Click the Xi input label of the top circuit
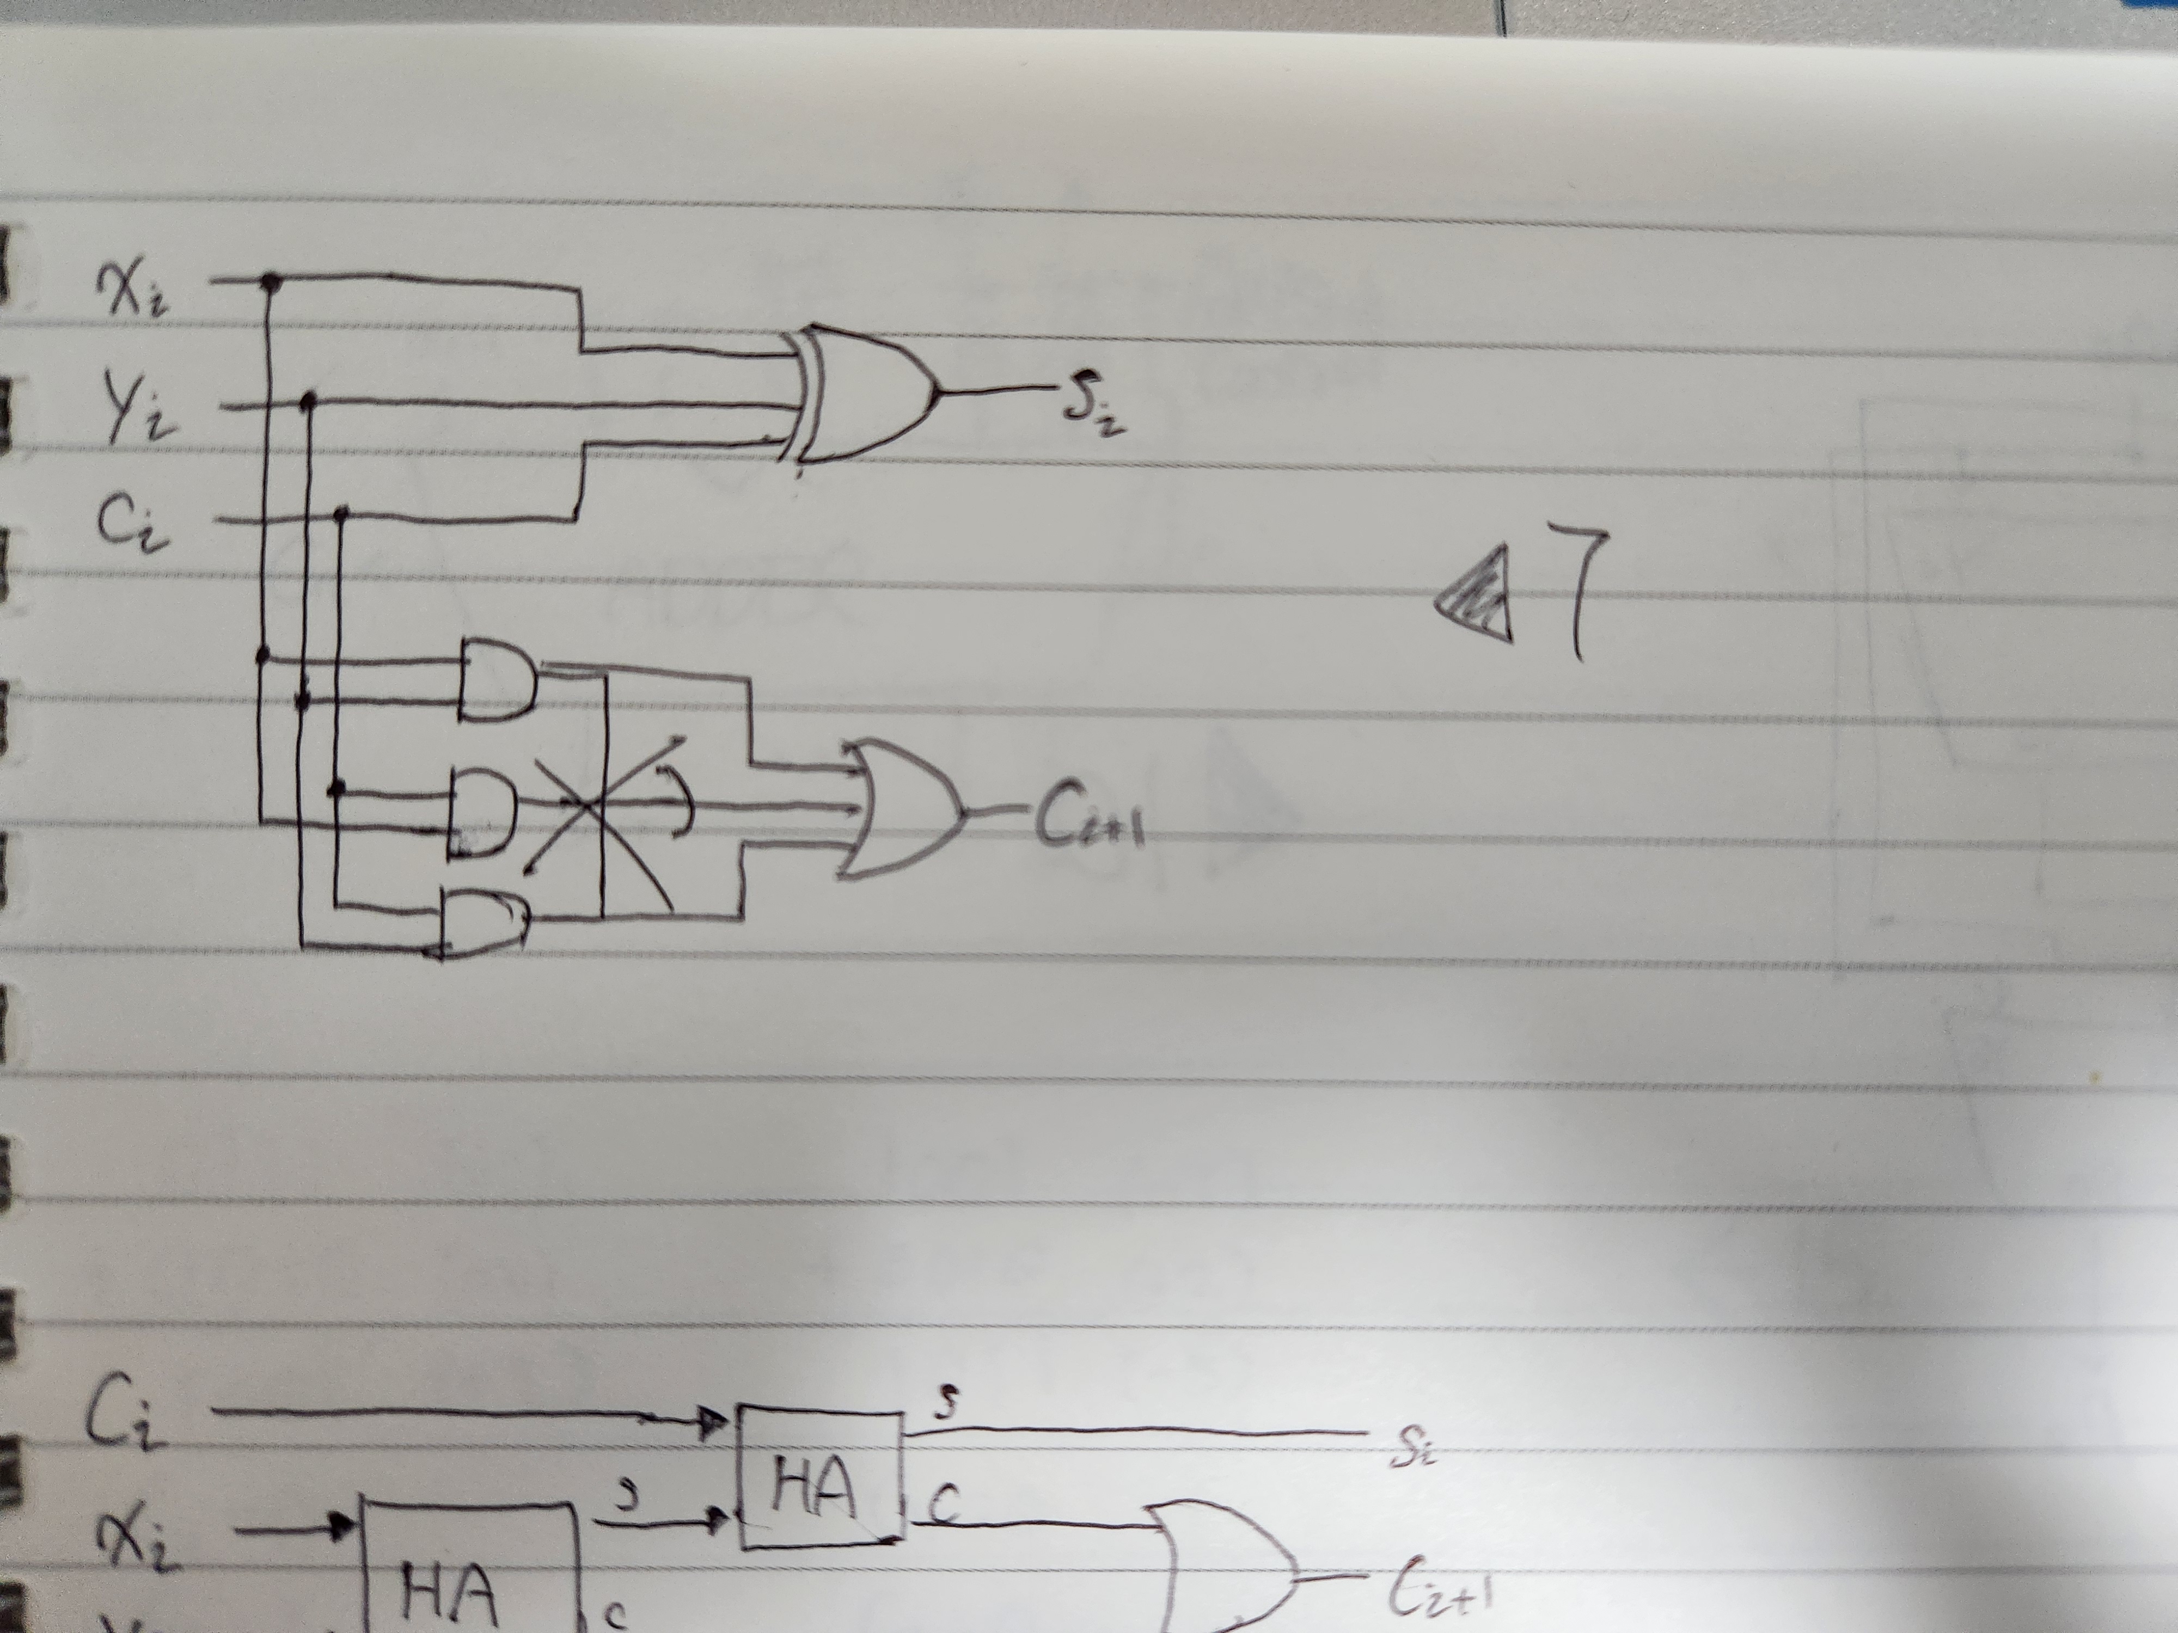[133, 288]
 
